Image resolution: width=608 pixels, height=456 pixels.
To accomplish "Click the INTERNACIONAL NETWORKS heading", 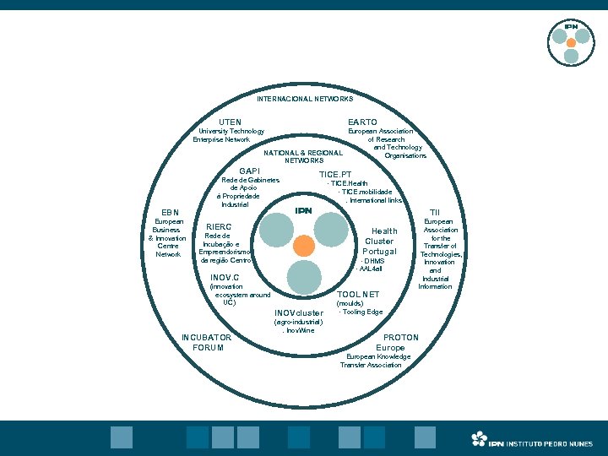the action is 305,99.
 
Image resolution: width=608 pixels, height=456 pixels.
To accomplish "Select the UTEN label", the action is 230,122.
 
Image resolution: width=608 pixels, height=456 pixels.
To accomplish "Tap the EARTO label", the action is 362,122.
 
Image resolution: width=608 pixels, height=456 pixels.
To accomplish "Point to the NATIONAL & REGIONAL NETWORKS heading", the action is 304,157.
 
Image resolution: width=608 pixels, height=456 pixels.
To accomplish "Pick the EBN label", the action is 170,212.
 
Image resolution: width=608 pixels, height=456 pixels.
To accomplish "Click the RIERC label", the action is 219,227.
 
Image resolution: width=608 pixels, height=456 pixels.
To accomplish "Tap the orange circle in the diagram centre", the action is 303,246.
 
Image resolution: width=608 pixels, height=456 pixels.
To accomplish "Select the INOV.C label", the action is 225,277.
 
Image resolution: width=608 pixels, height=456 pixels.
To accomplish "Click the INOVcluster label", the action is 298,313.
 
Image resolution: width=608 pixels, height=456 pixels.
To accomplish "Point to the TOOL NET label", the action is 358,295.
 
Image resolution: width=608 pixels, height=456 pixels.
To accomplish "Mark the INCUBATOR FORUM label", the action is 207,342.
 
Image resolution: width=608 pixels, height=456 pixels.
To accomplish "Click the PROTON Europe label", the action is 395,342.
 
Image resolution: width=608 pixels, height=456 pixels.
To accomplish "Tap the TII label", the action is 435,212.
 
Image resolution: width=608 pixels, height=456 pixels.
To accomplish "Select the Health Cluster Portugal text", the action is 379,241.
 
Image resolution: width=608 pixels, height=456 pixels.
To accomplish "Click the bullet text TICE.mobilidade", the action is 365,192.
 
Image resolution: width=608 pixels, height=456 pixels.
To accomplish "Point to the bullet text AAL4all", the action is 371,269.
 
